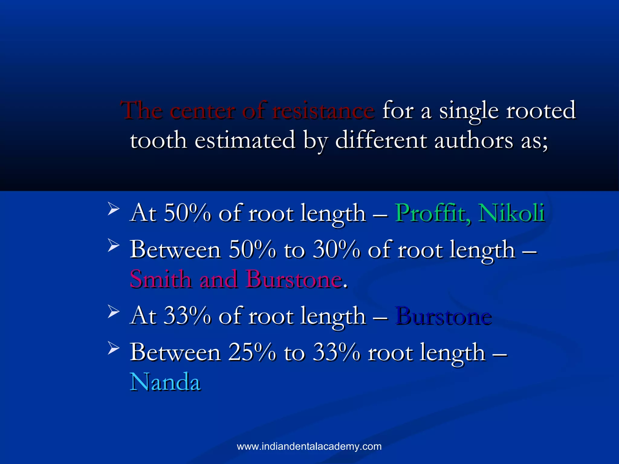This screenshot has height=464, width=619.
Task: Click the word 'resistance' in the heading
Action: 323,111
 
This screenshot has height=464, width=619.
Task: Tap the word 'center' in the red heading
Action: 202,111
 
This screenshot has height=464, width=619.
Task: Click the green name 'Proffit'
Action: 433,213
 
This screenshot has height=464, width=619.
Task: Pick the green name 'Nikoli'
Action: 511,213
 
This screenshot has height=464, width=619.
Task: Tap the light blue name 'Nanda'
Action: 165,382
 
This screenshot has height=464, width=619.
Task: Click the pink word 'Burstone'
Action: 294,279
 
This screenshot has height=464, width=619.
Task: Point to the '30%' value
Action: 336,250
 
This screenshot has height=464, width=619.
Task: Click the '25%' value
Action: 252,353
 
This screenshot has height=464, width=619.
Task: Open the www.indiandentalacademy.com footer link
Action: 309,446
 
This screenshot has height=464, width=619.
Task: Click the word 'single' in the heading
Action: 469,111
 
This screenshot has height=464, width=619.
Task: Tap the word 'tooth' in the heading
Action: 158,140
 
